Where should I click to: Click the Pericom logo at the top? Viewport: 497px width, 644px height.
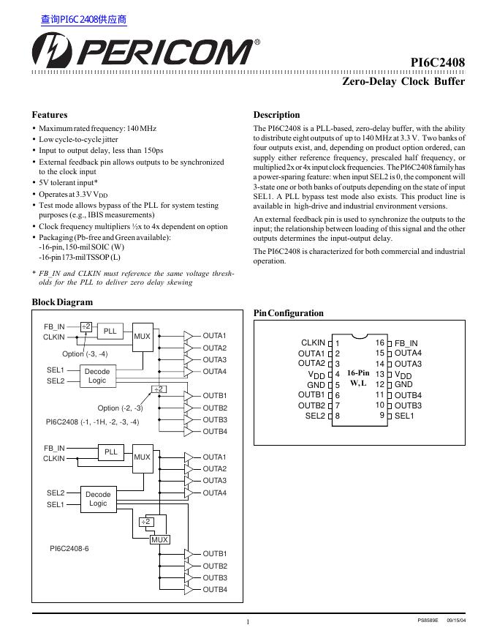[x=142, y=52]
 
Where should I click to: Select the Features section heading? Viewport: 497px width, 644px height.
[x=50, y=115]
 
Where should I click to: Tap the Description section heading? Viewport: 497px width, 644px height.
[x=276, y=115]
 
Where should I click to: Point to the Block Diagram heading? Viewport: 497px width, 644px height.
[x=62, y=302]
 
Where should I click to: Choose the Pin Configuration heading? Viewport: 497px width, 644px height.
[x=288, y=313]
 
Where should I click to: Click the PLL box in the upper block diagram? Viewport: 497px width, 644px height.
[x=110, y=331]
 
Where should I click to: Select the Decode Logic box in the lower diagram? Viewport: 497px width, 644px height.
[x=97, y=499]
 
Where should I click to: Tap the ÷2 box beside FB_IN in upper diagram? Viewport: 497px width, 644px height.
[x=86, y=326]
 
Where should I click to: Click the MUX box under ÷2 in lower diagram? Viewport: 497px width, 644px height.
[x=159, y=539]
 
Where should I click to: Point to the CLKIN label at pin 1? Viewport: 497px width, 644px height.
[x=313, y=342]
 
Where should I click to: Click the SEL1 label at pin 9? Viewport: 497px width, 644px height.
[x=405, y=416]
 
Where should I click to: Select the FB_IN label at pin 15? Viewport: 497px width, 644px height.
[x=406, y=343]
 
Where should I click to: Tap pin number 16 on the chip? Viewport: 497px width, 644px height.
[x=380, y=342]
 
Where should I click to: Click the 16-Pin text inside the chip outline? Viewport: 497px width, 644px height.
[x=358, y=372]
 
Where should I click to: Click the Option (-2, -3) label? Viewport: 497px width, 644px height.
[x=120, y=408]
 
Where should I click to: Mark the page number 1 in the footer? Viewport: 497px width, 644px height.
[x=248, y=622]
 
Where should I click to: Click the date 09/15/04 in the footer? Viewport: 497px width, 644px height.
[x=455, y=621]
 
